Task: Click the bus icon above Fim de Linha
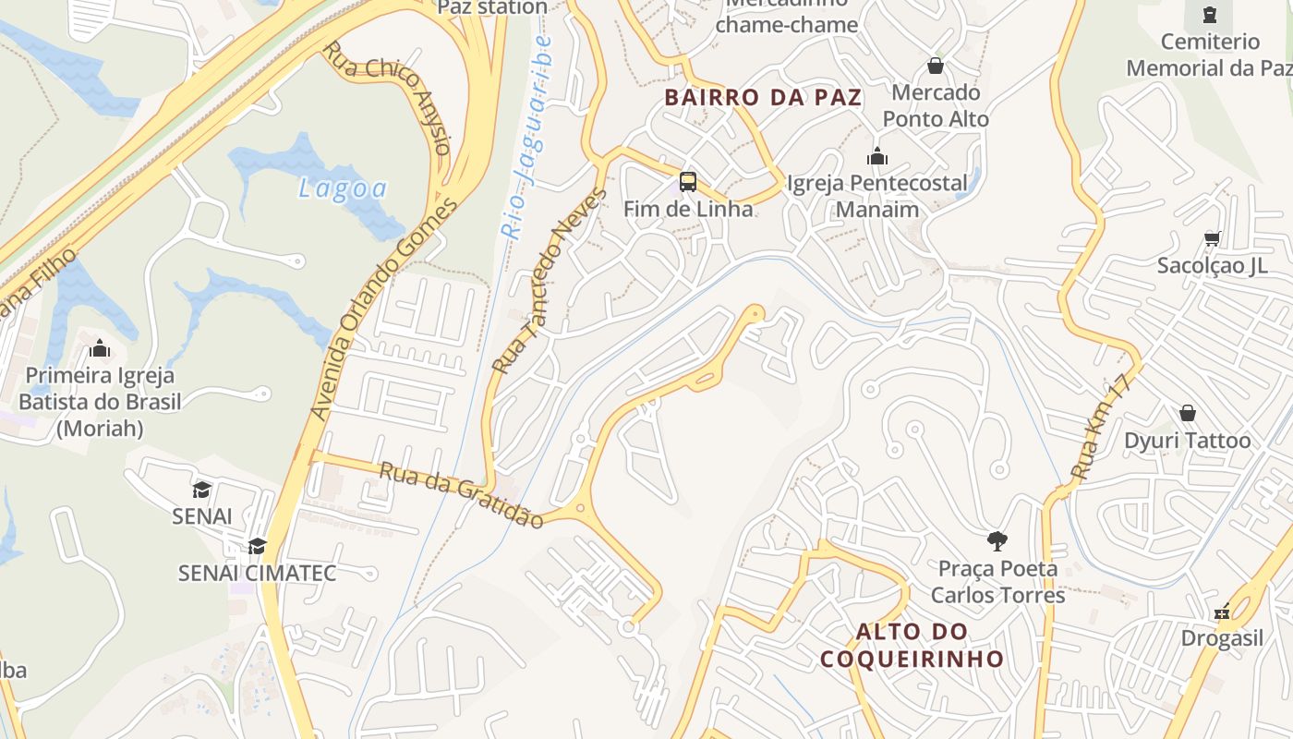click(x=687, y=181)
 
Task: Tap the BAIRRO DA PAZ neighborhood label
click(x=763, y=97)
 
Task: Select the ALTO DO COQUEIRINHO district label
click(x=912, y=645)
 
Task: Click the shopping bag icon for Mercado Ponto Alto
click(x=935, y=67)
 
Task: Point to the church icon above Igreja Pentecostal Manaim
click(x=877, y=157)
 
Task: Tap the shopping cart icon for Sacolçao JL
click(x=1212, y=238)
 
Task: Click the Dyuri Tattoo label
click(x=1187, y=441)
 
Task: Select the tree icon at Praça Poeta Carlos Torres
click(x=997, y=540)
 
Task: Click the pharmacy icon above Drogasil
click(x=1222, y=612)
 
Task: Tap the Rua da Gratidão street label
click(x=462, y=495)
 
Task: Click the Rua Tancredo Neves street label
click(x=550, y=281)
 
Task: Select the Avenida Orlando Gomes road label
click(x=382, y=309)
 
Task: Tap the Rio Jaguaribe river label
click(x=526, y=139)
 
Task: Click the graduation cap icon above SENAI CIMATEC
click(x=257, y=546)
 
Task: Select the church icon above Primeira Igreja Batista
click(x=99, y=348)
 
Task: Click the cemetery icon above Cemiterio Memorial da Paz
click(x=1209, y=15)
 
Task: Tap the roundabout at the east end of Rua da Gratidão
click(x=580, y=507)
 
